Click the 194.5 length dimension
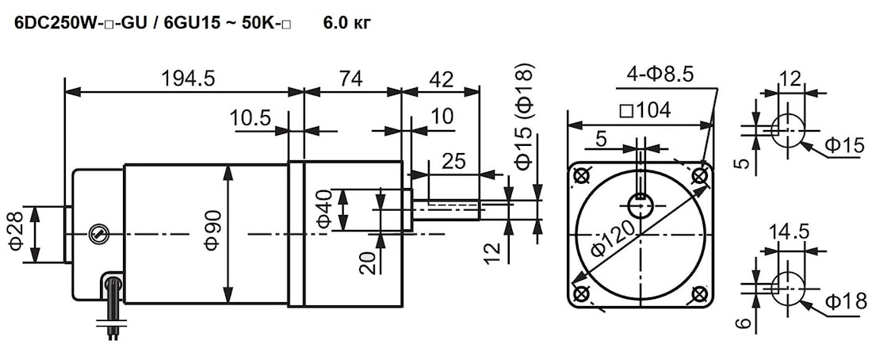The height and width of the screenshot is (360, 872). click(187, 79)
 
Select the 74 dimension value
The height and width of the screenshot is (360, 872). click(350, 79)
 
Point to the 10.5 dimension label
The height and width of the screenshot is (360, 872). click(250, 118)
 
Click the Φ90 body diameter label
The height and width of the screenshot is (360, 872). click(212, 231)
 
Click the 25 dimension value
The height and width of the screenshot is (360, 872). click(453, 161)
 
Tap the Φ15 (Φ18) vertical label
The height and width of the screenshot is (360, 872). click(525, 116)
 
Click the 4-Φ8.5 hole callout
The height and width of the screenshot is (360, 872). click(660, 74)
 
